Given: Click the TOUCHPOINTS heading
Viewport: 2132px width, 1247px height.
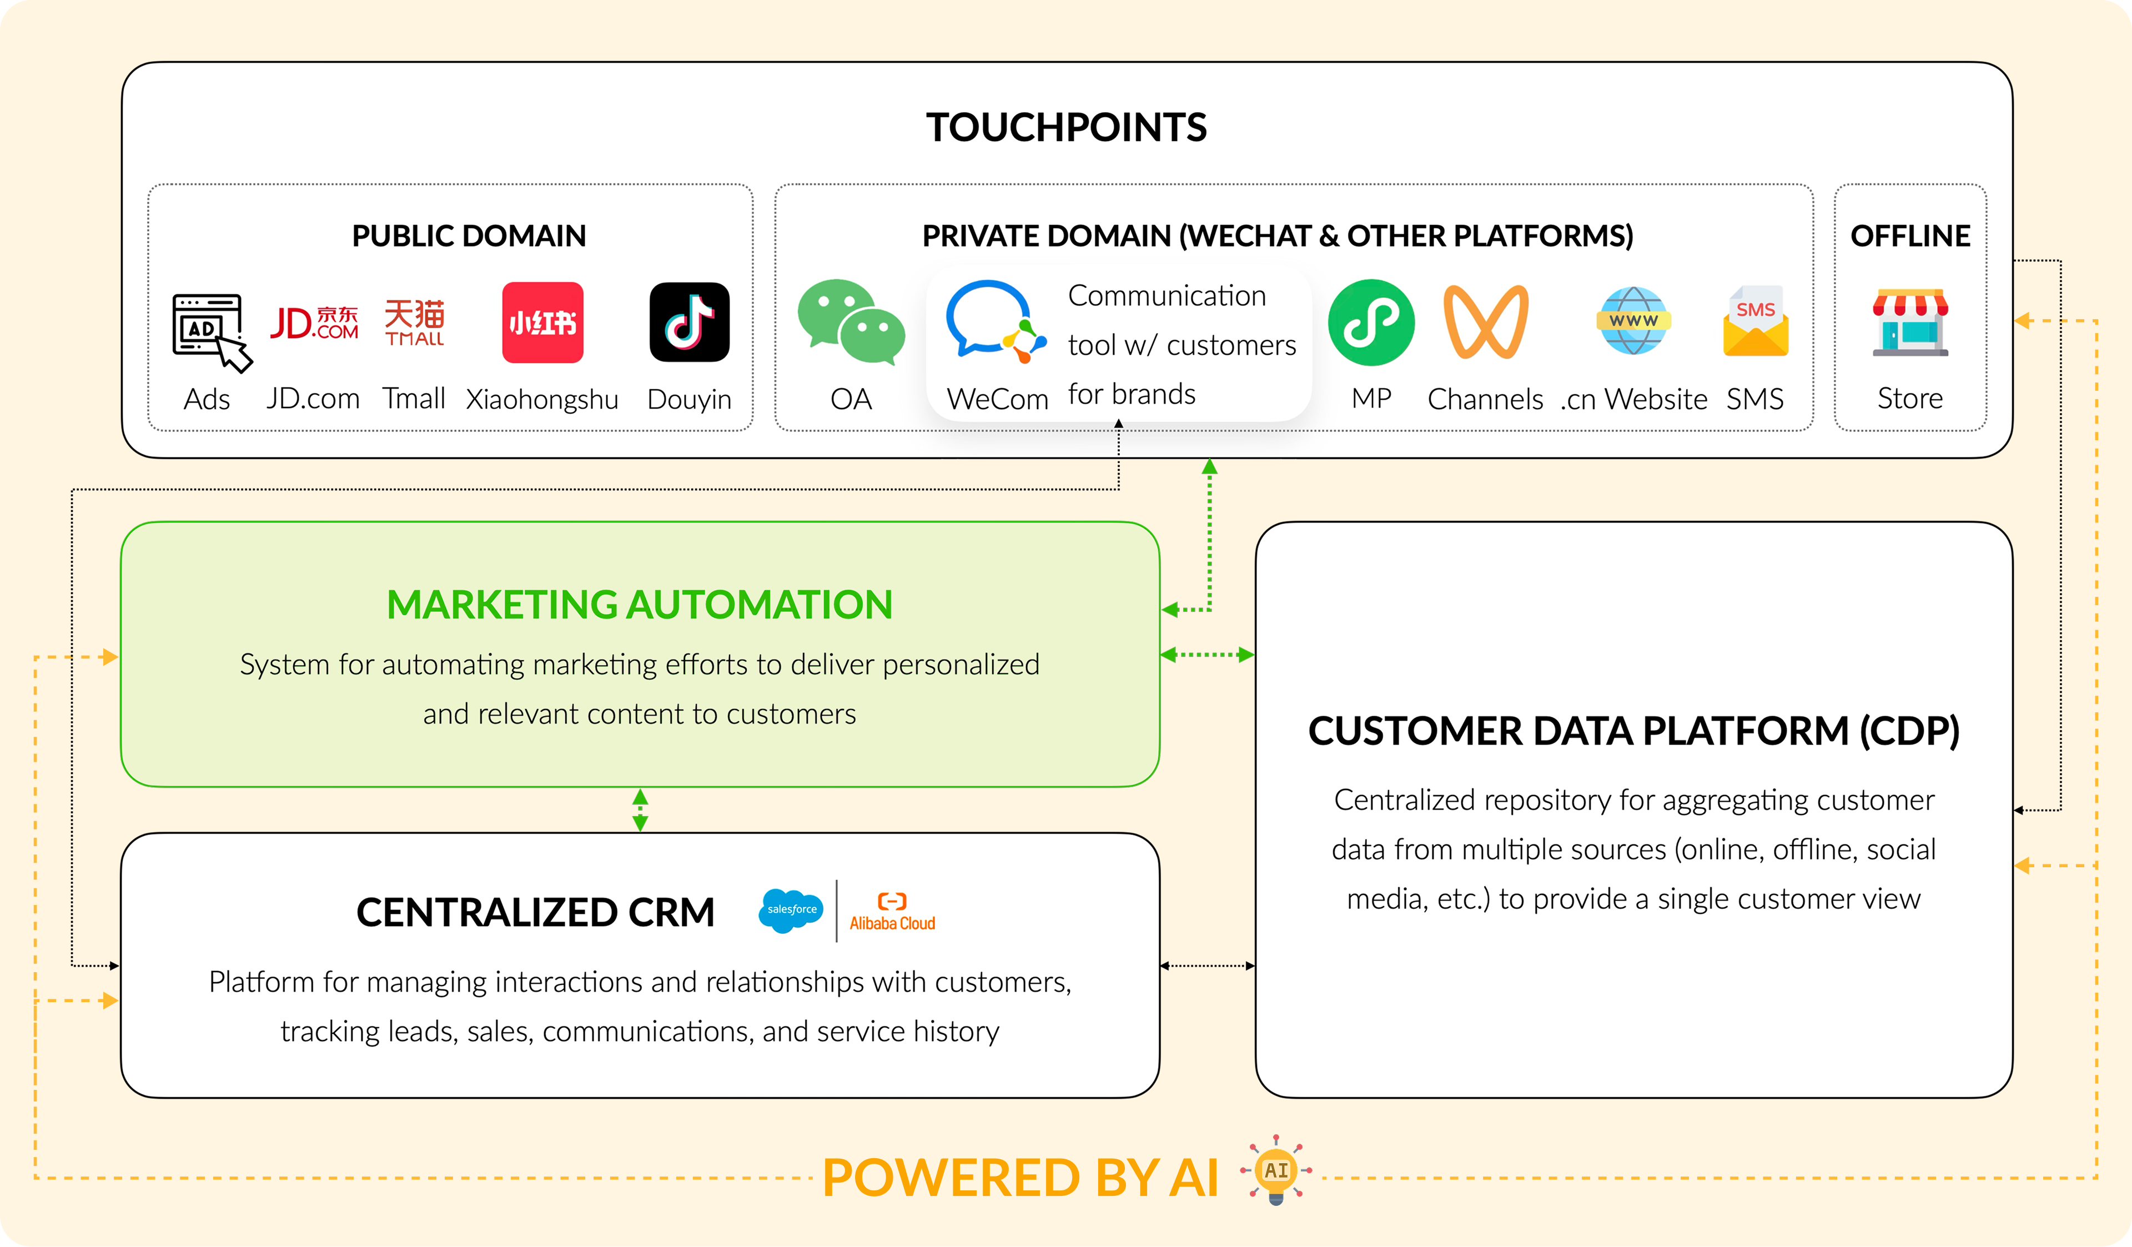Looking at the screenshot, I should (1066, 127).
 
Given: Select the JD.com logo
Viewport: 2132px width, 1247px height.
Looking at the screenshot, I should (314, 323).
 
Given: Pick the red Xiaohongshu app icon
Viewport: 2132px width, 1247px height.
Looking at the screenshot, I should (542, 323).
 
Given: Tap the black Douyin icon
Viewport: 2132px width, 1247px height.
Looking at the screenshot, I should (690, 323).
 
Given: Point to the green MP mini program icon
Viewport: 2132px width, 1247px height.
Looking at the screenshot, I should (1371, 323).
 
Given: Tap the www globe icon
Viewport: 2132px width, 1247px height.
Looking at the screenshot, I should (1633, 321).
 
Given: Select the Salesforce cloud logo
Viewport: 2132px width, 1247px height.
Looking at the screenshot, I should (791, 911).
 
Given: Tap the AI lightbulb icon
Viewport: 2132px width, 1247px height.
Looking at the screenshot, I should (1276, 1171).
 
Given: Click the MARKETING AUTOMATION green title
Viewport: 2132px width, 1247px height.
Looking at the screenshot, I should (640, 604).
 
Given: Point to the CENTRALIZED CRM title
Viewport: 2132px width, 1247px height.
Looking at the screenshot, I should (536, 912).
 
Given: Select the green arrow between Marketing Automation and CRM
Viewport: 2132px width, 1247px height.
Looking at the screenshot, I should (641, 809).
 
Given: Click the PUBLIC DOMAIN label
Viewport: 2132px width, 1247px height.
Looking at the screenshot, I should (469, 235).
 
